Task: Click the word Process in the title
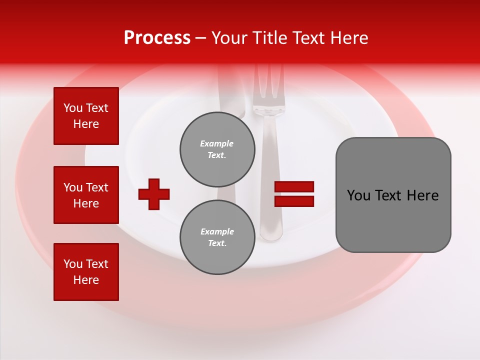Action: click(x=157, y=38)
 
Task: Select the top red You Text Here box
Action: click(x=86, y=116)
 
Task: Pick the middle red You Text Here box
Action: click(x=86, y=195)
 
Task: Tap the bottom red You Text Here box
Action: click(x=86, y=272)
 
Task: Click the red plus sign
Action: click(x=154, y=194)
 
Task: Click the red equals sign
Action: click(x=294, y=194)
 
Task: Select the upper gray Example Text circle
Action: click(x=217, y=149)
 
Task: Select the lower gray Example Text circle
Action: click(x=217, y=237)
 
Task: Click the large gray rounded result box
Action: click(x=393, y=195)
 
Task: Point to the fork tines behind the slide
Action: click(x=268, y=82)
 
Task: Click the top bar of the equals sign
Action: click(x=294, y=187)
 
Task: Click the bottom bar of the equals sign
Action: click(x=294, y=201)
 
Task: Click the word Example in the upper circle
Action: click(x=217, y=143)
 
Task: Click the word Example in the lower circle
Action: click(x=217, y=231)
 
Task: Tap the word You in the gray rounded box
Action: click(x=358, y=195)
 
